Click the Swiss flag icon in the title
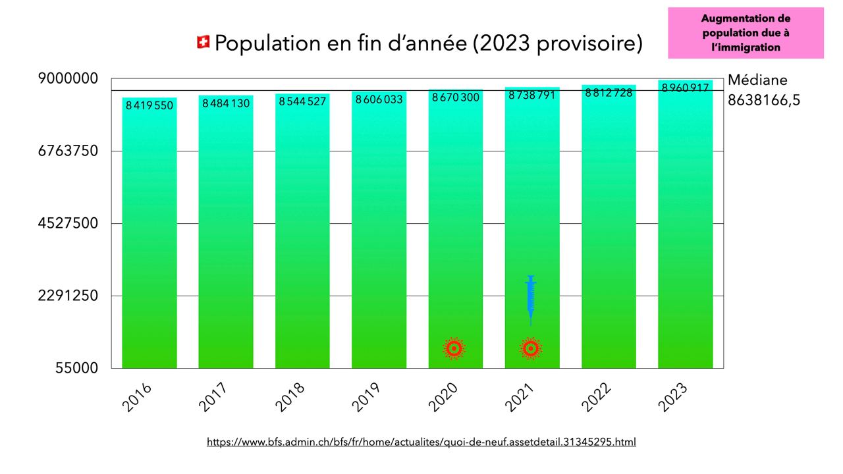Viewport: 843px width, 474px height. [x=203, y=43]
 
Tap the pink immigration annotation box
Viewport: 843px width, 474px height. [x=746, y=33]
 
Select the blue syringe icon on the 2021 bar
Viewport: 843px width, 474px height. [x=531, y=300]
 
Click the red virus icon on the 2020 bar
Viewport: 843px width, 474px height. [x=454, y=348]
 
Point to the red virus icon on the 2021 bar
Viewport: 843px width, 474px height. [x=531, y=348]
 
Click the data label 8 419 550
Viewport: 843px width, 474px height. [x=150, y=105]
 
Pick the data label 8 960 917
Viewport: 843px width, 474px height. [x=685, y=88]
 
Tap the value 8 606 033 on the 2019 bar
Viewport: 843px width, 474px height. [x=379, y=99]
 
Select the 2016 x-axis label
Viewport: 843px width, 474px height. [x=137, y=397]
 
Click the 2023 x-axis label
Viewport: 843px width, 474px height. [x=673, y=397]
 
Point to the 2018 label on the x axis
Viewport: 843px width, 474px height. [x=290, y=397]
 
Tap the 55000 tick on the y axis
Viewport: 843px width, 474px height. [x=76, y=368]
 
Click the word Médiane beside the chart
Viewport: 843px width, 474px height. [x=757, y=80]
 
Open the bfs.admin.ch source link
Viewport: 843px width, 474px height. [x=421, y=442]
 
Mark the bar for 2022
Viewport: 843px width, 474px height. [x=609, y=230]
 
